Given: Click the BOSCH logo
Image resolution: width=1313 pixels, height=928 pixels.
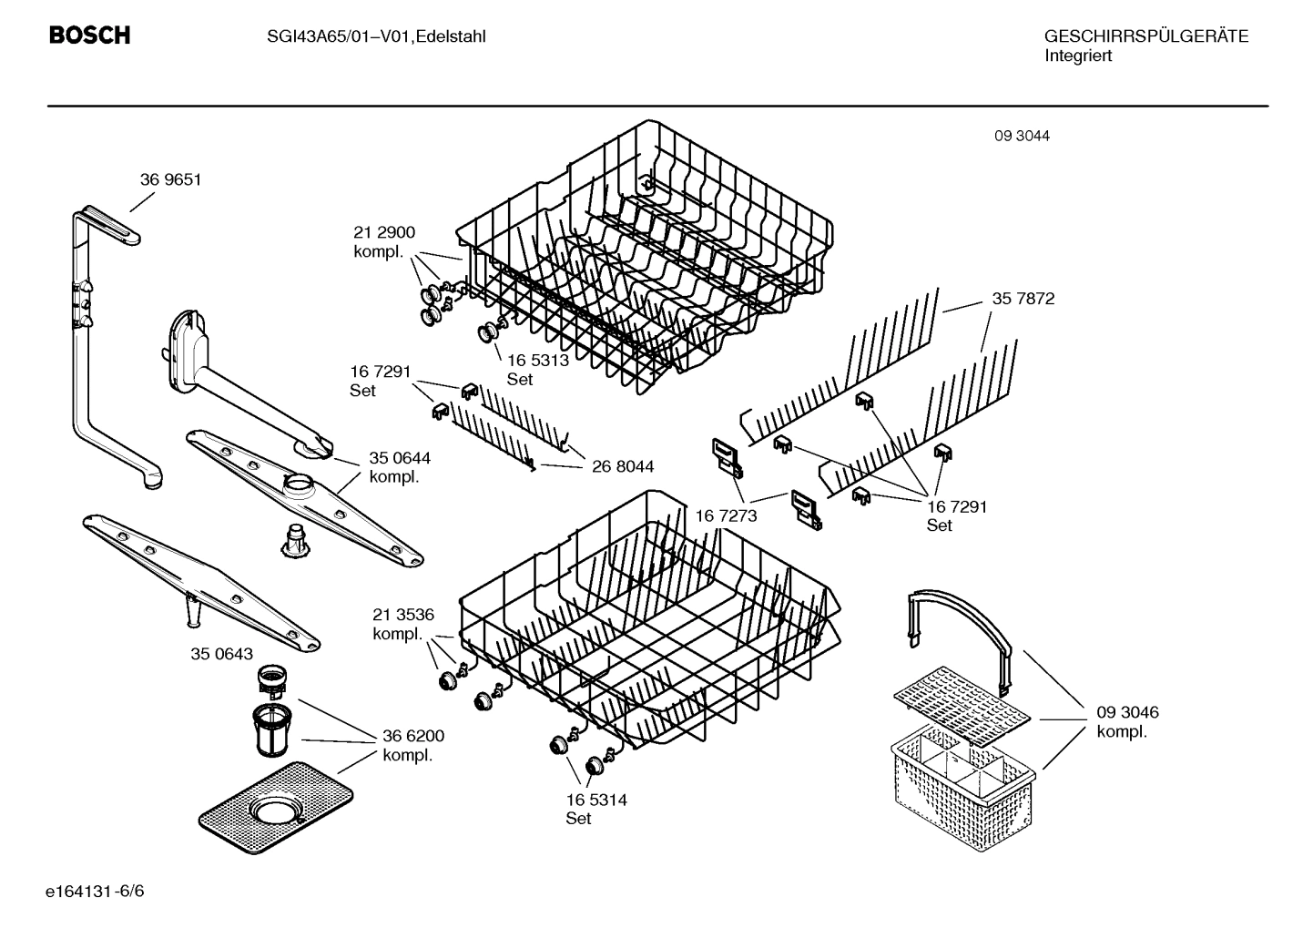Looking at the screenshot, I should [x=89, y=36].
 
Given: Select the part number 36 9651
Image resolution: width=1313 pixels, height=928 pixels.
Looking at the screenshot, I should [x=170, y=180].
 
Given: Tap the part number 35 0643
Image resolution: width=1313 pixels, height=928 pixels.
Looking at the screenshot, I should [x=221, y=654].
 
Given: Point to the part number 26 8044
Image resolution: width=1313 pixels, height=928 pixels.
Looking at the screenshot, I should [x=623, y=466].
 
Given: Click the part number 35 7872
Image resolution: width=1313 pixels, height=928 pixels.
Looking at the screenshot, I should [x=1023, y=299].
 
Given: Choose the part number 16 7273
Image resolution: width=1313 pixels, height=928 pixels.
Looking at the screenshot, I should [x=726, y=516].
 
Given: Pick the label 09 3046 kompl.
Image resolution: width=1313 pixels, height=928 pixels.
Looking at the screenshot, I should [x=1127, y=722].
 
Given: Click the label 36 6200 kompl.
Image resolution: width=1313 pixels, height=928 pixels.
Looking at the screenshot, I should [x=413, y=746].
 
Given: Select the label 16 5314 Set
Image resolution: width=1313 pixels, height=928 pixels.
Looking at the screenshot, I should [x=595, y=809].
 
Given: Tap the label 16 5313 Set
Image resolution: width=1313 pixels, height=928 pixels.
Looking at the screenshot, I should [x=537, y=369].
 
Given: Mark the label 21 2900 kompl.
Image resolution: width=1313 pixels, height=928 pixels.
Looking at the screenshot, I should [x=383, y=241].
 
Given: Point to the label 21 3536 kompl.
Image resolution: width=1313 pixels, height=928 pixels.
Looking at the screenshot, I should [x=402, y=624].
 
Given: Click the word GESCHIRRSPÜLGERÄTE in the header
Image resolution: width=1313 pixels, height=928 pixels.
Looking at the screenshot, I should [x=1145, y=36].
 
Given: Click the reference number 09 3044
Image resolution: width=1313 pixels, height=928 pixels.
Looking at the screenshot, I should [x=1022, y=136].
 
